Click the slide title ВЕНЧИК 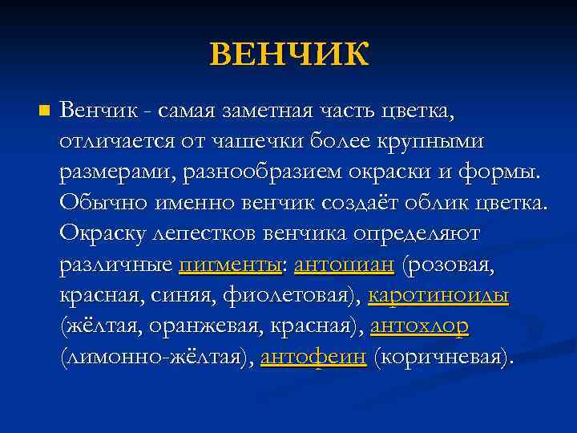point(289,55)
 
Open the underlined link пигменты point(228,264)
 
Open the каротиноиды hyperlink point(438,294)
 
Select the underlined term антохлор point(419,326)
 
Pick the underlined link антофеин point(313,356)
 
